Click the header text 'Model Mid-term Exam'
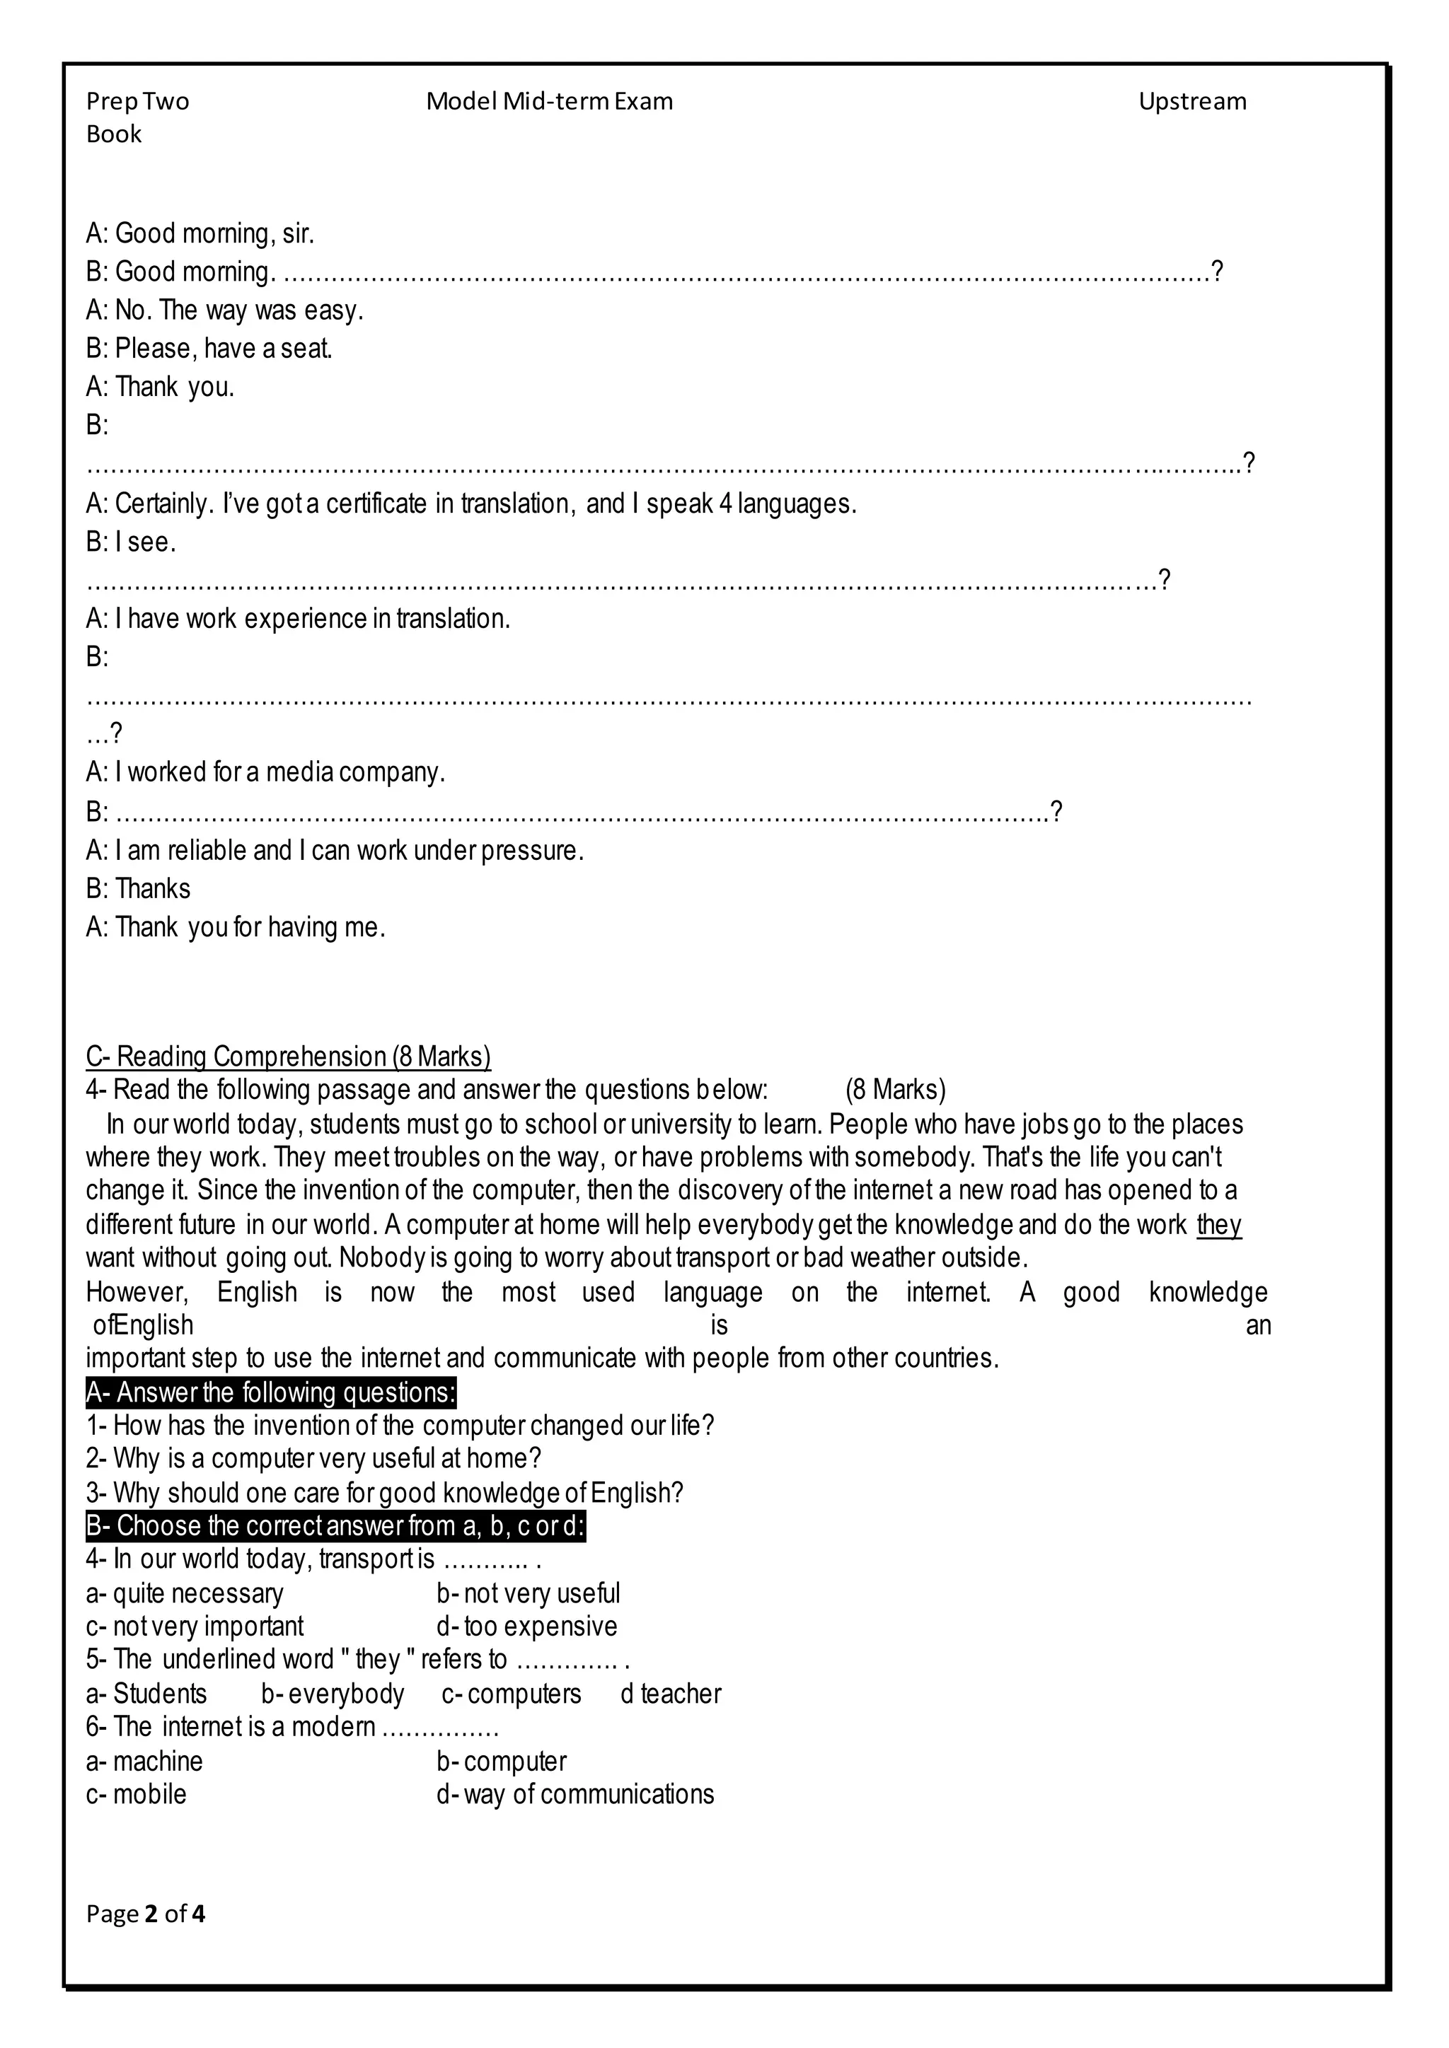pos(549,102)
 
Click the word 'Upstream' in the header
pos(1191,102)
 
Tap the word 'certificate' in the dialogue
pos(376,504)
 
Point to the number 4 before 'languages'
pos(725,504)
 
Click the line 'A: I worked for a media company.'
pos(265,772)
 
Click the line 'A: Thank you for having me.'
pos(236,928)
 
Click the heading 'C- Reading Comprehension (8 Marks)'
pos(288,1056)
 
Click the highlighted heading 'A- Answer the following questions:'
pos(270,1392)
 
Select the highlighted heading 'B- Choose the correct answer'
pos(335,1526)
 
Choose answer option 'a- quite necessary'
pos(185,1593)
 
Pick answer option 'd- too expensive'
pos(526,1626)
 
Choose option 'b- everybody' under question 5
pos(333,1694)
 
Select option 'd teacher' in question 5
pos(670,1694)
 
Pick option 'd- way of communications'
pos(575,1794)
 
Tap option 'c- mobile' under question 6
pos(137,1794)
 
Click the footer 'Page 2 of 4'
pos(146,1914)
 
